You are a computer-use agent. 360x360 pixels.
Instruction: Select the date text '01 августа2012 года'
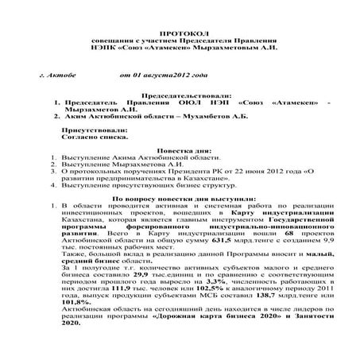pyautogui.click(x=163, y=76)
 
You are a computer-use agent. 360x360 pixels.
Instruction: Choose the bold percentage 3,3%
pyautogui.click(x=217, y=282)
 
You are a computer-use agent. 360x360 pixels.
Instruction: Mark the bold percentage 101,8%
pyautogui.click(x=75, y=310)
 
